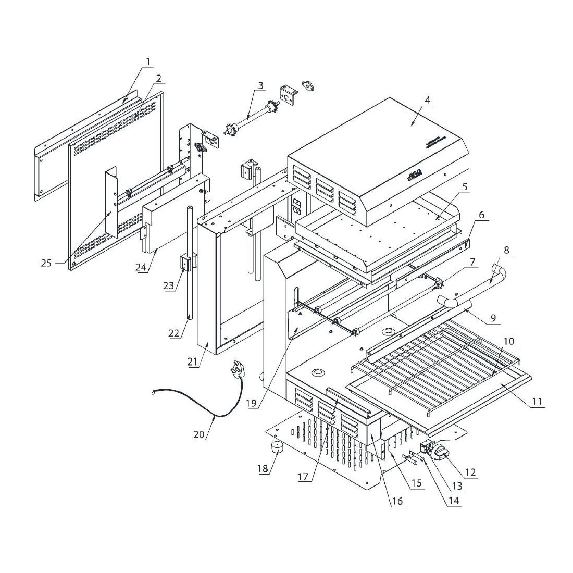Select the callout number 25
click(46, 263)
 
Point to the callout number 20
click(200, 434)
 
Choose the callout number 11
click(537, 402)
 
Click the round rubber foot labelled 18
click(277, 447)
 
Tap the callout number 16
click(397, 501)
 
